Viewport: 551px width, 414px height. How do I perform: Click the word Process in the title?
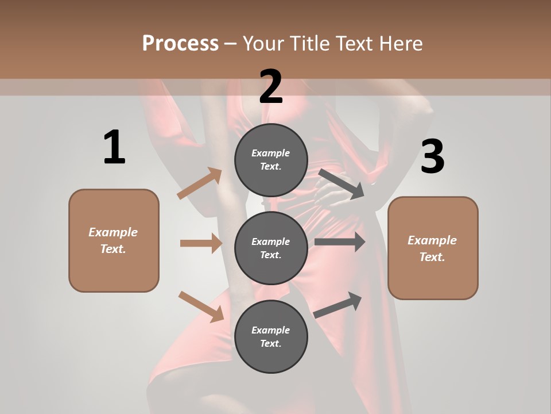pyautogui.click(x=180, y=44)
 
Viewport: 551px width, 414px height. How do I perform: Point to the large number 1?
pyautogui.click(x=114, y=147)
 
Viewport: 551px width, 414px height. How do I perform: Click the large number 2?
pyautogui.click(x=271, y=87)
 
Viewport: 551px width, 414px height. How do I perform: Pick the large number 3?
pyautogui.click(x=432, y=157)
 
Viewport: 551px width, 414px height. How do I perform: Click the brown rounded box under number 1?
pyautogui.click(x=114, y=240)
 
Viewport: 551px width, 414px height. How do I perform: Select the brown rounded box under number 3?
pyautogui.click(x=433, y=248)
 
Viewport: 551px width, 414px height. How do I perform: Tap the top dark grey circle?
pyautogui.click(x=271, y=159)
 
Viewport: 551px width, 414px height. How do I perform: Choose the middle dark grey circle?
pyautogui.click(x=271, y=248)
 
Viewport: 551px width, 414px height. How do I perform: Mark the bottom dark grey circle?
pyautogui.click(x=271, y=336)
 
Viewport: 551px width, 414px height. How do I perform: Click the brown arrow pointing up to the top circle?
pyautogui.click(x=200, y=183)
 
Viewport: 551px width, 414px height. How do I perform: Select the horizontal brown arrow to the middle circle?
pyautogui.click(x=201, y=243)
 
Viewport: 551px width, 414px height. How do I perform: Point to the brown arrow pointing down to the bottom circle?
pyautogui.click(x=201, y=306)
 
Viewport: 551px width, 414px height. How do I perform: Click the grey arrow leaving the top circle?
pyautogui.click(x=342, y=183)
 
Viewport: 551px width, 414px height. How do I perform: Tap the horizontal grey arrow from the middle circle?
pyautogui.click(x=340, y=241)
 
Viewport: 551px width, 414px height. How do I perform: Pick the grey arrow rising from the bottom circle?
pyautogui.click(x=337, y=305)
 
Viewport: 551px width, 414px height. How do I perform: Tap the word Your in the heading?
pyautogui.click(x=265, y=44)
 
